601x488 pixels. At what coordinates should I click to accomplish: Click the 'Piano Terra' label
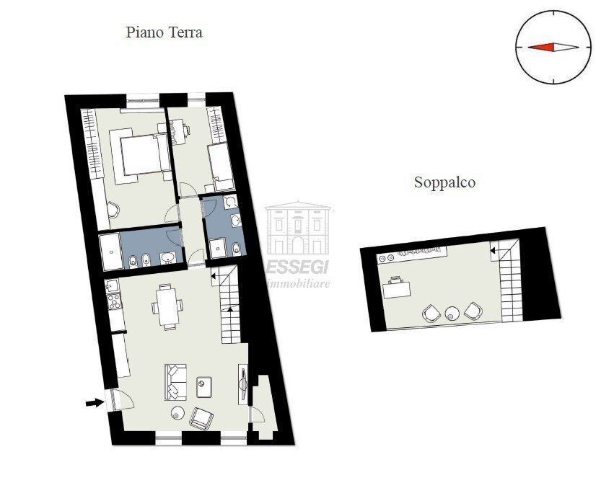pyautogui.click(x=164, y=32)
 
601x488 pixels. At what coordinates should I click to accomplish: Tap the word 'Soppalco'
pyautogui.click(x=444, y=182)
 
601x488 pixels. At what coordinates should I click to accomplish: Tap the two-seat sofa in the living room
pyautogui.click(x=175, y=382)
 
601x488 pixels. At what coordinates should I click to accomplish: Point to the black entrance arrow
pyautogui.click(x=94, y=403)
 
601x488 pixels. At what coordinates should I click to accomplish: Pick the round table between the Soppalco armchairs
pyautogui.click(x=452, y=313)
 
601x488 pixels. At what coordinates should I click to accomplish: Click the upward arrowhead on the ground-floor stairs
pyautogui.click(x=230, y=309)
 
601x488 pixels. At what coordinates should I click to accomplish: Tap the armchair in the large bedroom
pyautogui.click(x=113, y=210)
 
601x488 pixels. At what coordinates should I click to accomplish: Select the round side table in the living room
pyautogui.click(x=177, y=413)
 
